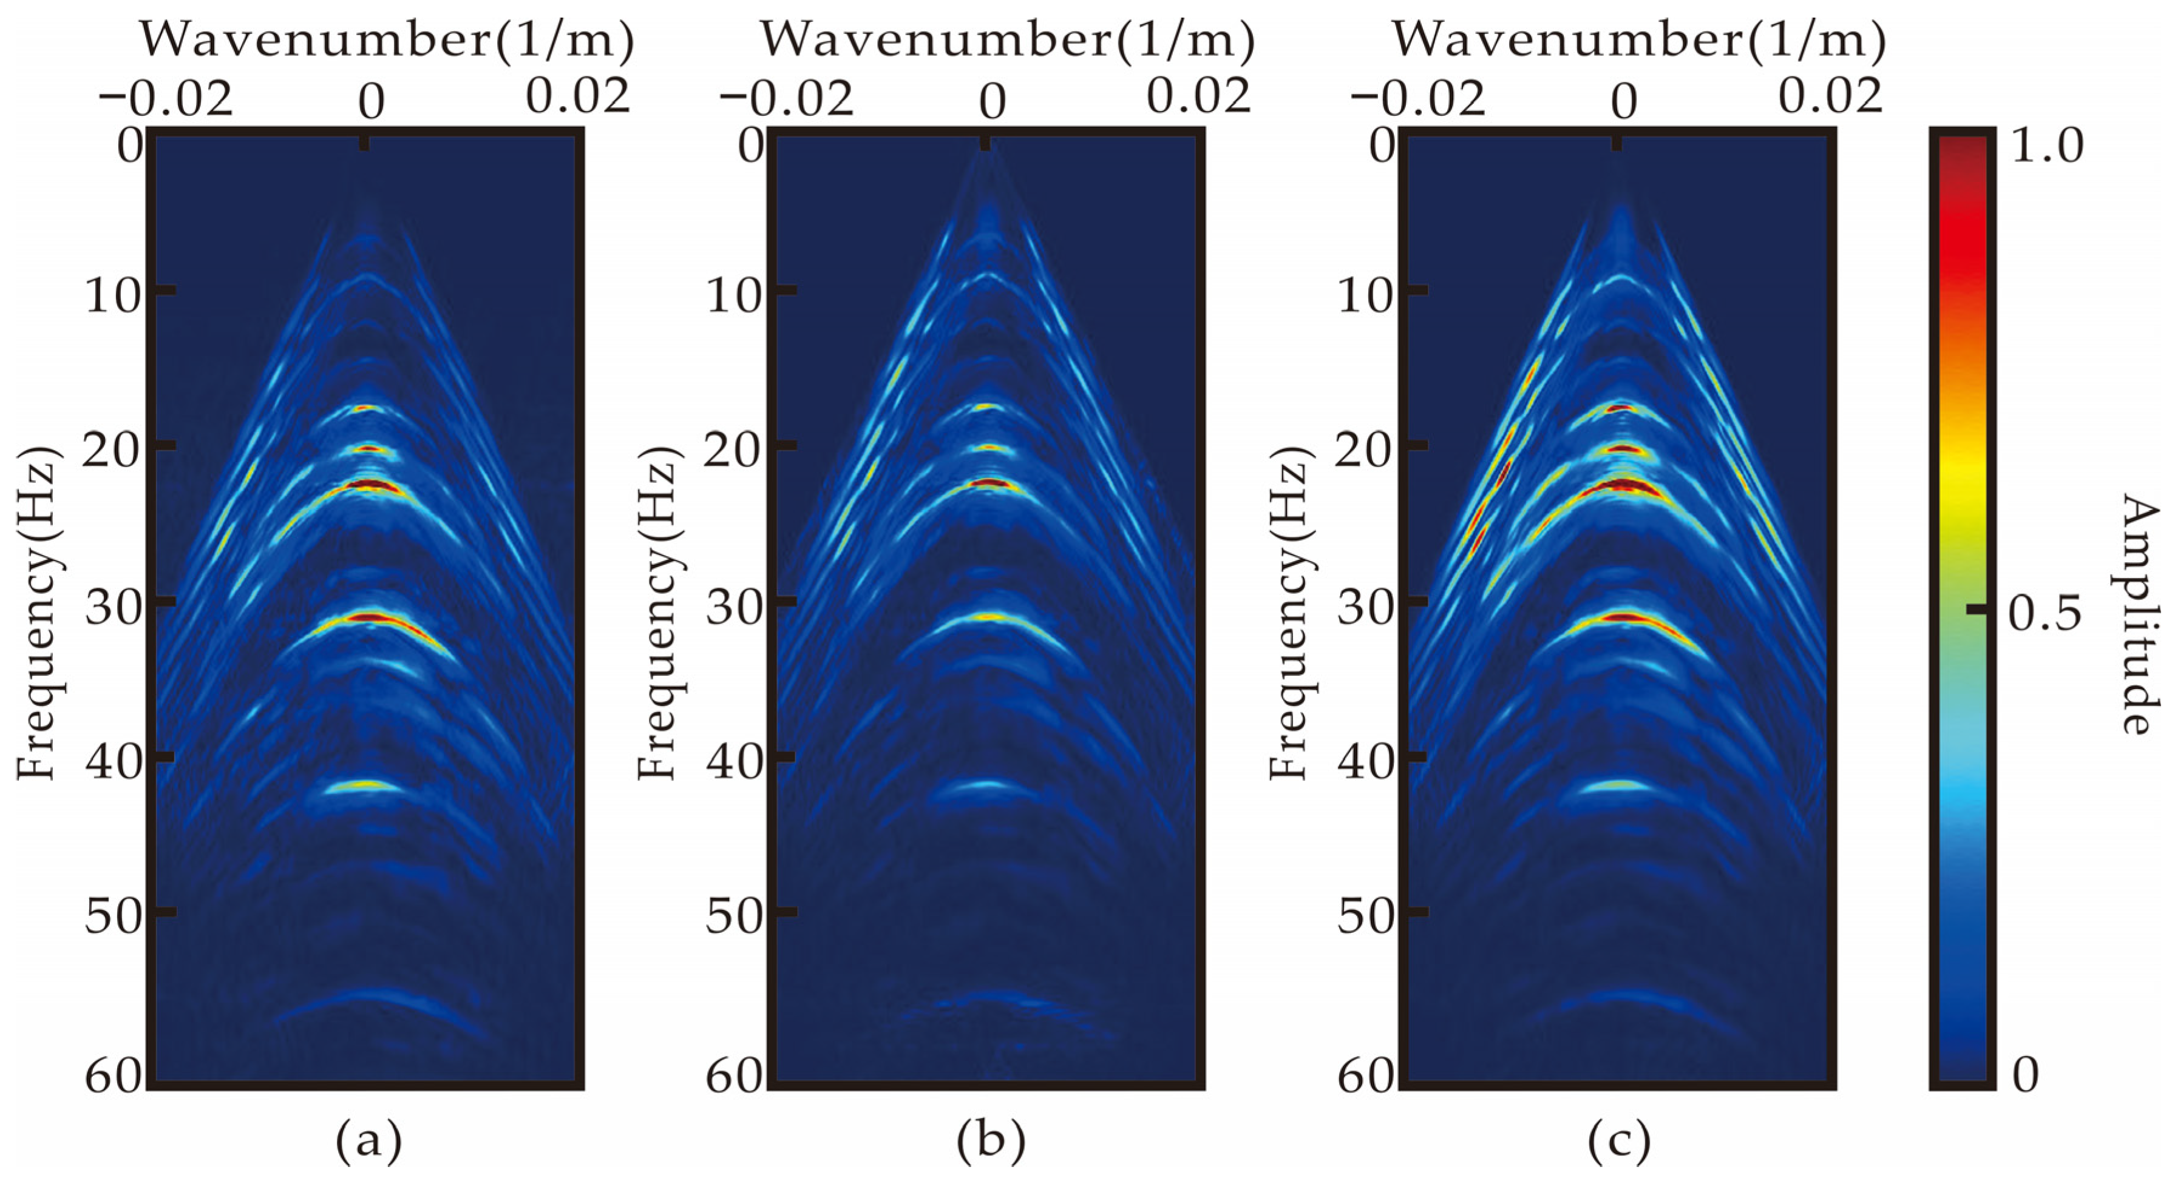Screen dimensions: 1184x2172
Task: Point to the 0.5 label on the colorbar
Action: coord(2045,613)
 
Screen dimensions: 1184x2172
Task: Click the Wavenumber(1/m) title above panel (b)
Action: coord(1008,39)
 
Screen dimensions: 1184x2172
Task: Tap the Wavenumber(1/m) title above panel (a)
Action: coord(386,39)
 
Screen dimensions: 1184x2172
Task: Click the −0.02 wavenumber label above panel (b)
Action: coord(786,99)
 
